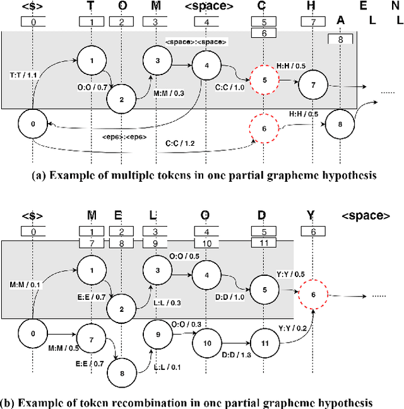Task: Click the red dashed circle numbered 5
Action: tap(264, 80)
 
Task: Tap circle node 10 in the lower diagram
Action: tap(207, 343)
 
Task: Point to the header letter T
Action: tap(92, 8)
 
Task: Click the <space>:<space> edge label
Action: tap(196, 42)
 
